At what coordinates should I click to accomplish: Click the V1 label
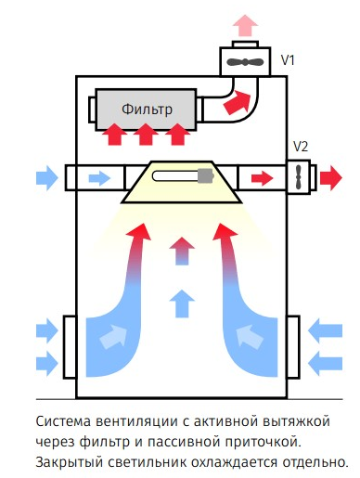pos(288,60)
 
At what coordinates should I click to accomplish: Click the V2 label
pos(301,147)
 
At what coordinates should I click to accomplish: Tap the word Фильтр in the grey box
pos(147,110)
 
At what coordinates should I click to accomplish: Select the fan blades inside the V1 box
pos(245,62)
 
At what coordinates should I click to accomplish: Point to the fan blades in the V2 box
pos(299,177)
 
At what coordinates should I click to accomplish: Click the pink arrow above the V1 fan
pos(246,25)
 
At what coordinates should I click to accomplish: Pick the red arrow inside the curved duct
pos(238,102)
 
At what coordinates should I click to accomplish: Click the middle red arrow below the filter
pos(146,134)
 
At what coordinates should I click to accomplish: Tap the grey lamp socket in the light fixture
pos(205,176)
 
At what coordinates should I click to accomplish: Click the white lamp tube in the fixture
pos(175,176)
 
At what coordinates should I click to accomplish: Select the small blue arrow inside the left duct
pos(99,178)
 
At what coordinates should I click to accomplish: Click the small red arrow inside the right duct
pos(262,178)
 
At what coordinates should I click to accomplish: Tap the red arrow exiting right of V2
pos(331,178)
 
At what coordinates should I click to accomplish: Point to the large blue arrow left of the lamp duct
pos(47,178)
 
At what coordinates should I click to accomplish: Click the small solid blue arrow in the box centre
pos(182,304)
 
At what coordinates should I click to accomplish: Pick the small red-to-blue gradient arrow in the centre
pos(182,251)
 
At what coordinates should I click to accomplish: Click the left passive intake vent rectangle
pos(70,347)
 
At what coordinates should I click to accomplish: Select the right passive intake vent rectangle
pos(293,347)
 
